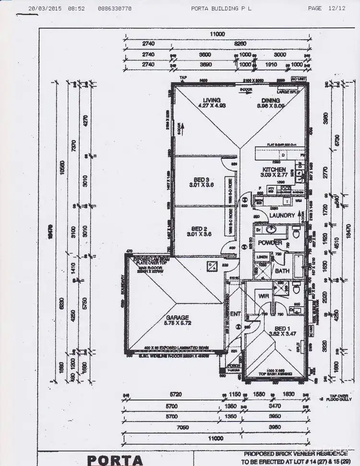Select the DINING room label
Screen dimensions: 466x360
pyautogui.click(x=271, y=100)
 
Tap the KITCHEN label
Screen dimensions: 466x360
pyautogui.click(x=274, y=169)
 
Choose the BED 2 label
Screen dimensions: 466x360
pyautogui.click(x=199, y=228)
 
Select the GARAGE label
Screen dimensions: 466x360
pyautogui.click(x=178, y=317)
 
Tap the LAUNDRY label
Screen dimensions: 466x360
pyautogui.click(x=282, y=215)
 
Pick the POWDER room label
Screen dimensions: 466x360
pyautogui.click(x=270, y=243)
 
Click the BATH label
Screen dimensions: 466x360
pyautogui.click(x=281, y=271)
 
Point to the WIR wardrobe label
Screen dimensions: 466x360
pyautogui.click(x=264, y=297)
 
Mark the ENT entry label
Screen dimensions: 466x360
pyautogui.click(x=236, y=314)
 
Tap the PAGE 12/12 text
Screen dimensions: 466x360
pyautogui.click(x=326, y=8)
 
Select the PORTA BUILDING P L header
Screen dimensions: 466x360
pyautogui.click(x=221, y=8)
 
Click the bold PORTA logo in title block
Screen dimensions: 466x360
pyautogui.click(x=116, y=459)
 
